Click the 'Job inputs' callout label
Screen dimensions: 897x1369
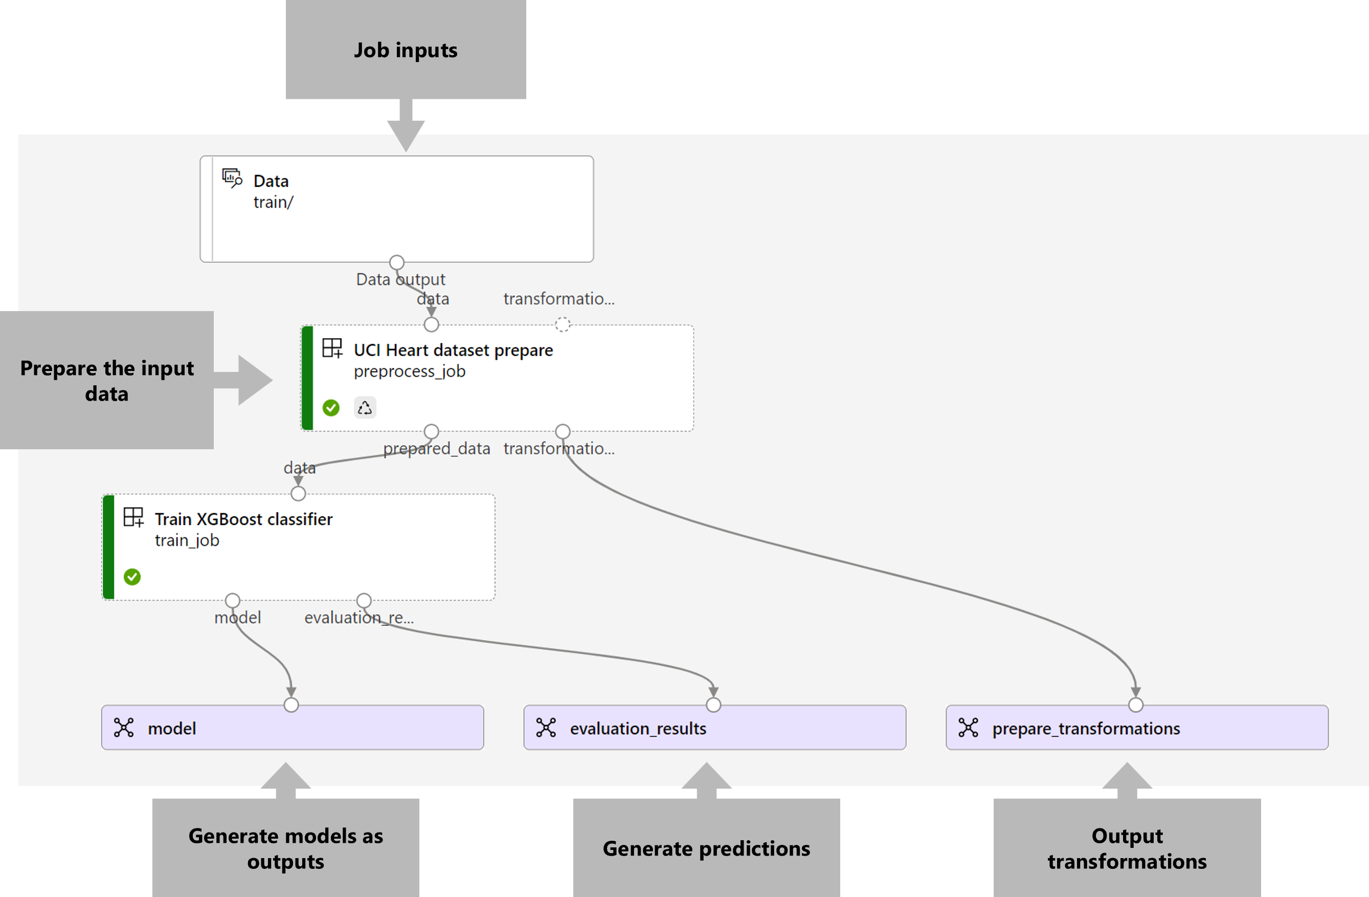coord(406,50)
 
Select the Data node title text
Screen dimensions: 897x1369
coord(271,181)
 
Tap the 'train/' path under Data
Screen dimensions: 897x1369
coord(273,203)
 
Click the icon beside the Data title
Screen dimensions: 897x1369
coord(232,178)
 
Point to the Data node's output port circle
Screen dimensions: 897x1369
coord(397,262)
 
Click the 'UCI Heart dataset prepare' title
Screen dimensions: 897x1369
coord(453,350)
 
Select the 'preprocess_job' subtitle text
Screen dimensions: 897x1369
coord(409,371)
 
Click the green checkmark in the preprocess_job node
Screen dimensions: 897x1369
coord(331,408)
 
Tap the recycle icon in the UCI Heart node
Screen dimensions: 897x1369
coord(365,408)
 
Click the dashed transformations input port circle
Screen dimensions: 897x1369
coord(563,324)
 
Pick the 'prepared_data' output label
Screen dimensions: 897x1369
coord(437,449)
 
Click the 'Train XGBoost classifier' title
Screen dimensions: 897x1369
coord(243,519)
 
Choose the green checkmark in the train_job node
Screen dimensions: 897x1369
coord(132,577)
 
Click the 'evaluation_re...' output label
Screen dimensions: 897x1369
coord(358,618)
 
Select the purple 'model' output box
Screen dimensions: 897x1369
coord(292,728)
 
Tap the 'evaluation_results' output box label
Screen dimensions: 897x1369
coord(638,729)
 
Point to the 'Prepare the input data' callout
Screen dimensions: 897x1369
coord(107,380)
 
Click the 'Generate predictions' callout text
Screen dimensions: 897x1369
coord(706,849)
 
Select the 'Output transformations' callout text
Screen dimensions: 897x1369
coord(1127,849)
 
